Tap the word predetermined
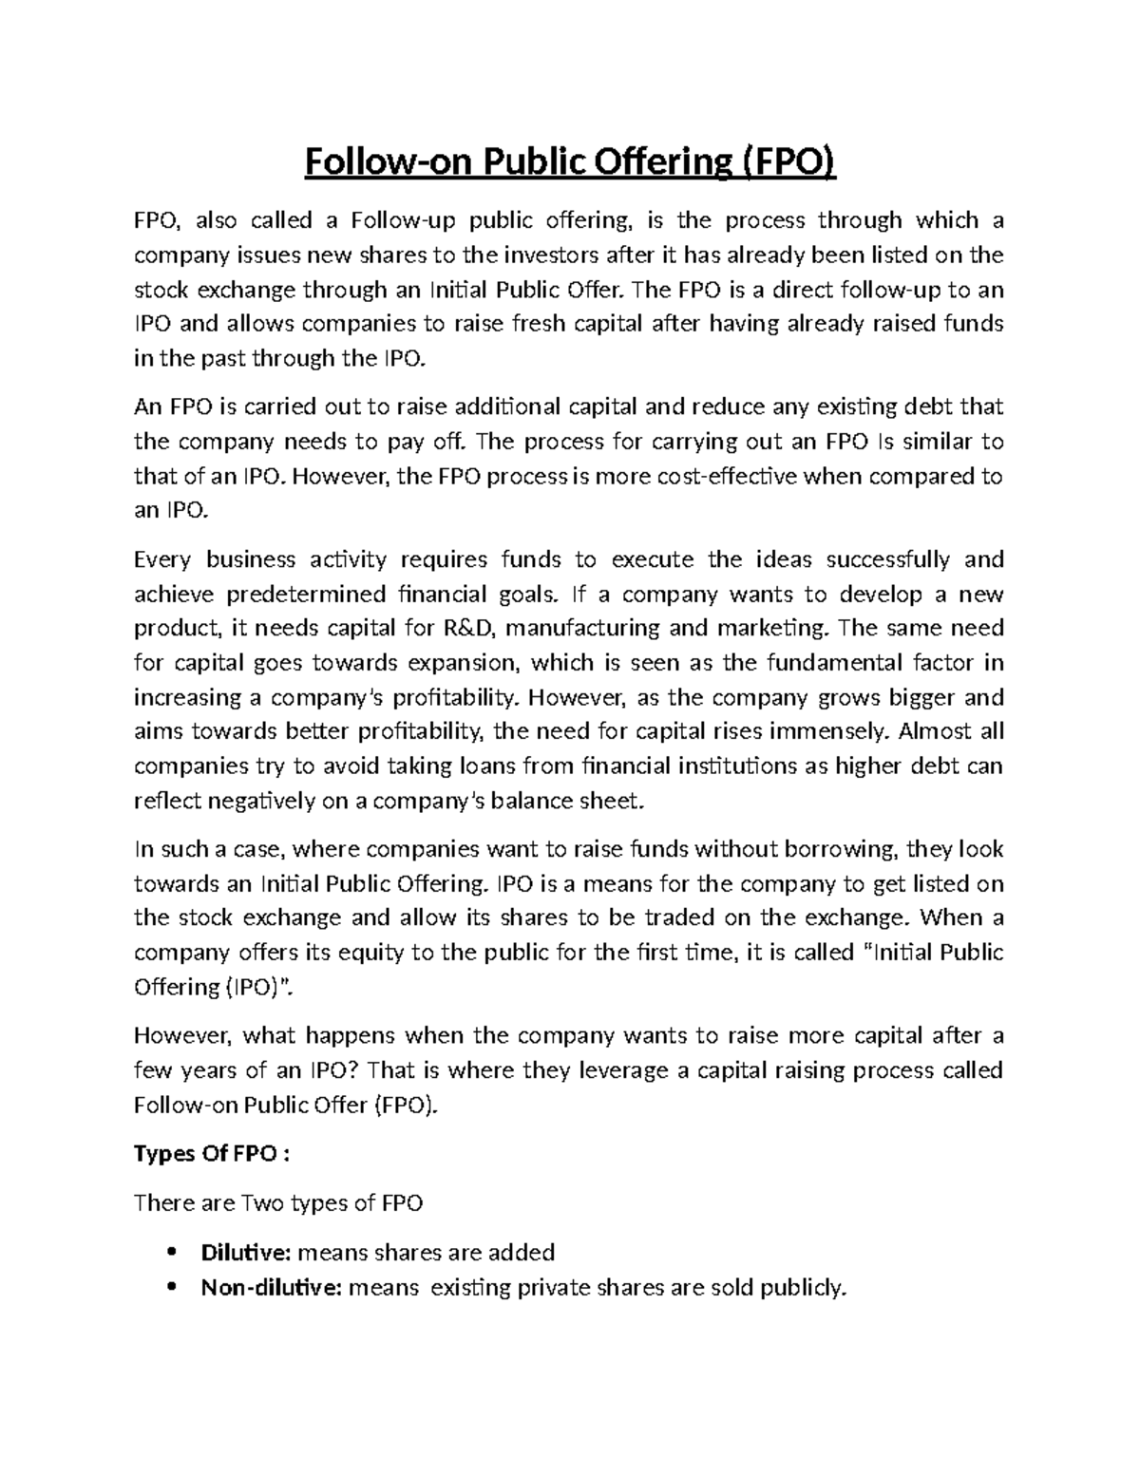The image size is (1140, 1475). tap(307, 595)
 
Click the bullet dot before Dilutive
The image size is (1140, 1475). tap(171, 1252)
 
